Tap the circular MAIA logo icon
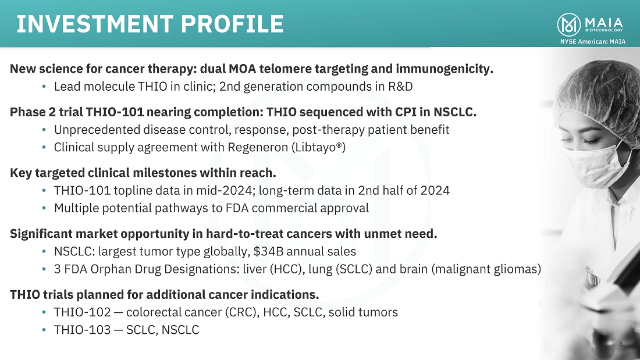pos(568,24)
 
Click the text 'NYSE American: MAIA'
pos(593,41)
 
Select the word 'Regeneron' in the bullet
pos(258,147)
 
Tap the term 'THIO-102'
pos(83,312)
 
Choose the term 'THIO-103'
pos(83,330)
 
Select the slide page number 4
pos(621,344)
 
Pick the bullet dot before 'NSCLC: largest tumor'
pos(44,251)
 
